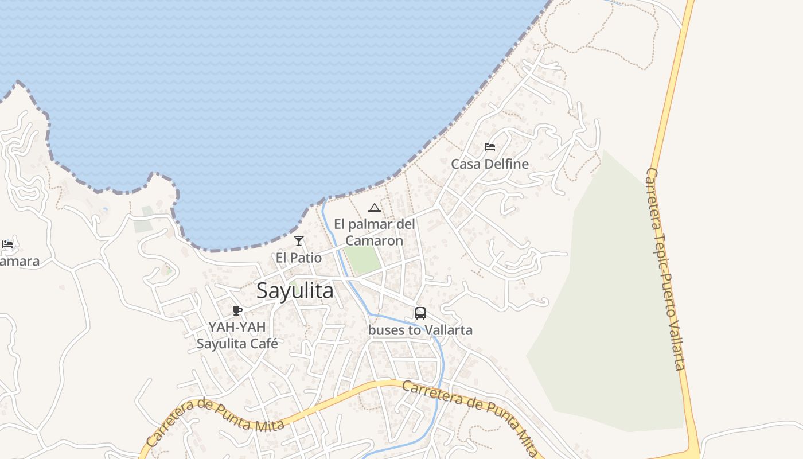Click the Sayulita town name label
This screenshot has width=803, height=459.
point(295,291)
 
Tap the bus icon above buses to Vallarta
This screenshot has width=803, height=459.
point(420,313)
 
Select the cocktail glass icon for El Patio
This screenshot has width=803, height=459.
point(299,241)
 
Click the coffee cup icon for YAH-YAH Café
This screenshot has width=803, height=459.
point(237,311)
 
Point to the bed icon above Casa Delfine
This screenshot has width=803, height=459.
point(489,147)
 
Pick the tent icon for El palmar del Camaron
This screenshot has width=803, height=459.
point(375,208)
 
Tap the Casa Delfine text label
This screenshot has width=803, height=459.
point(489,164)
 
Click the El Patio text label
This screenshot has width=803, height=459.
point(299,258)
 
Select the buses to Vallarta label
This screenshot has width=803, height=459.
point(420,330)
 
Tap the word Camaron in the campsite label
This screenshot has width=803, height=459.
point(374,240)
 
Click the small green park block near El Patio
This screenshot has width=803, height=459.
point(363,260)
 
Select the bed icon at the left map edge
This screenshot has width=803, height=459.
point(7,244)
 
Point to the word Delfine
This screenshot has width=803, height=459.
point(506,164)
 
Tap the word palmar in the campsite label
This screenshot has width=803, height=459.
point(374,224)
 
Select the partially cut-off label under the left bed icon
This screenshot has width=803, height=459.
point(20,262)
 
